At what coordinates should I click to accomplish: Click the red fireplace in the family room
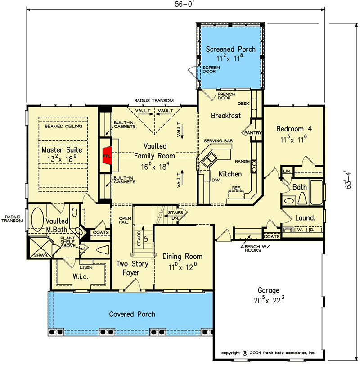pyautogui.click(x=108, y=156)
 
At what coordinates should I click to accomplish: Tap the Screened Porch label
pyautogui.click(x=230, y=49)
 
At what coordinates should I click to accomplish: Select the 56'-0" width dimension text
pyautogui.click(x=184, y=4)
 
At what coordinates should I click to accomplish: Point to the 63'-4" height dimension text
pyautogui.click(x=348, y=179)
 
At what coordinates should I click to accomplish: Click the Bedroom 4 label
pyautogui.click(x=294, y=129)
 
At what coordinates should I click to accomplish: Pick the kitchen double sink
pyautogui.click(x=210, y=159)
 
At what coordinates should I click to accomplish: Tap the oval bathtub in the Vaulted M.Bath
pyautogui.click(x=37, y=219)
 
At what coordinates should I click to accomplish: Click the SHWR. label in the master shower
pyautogui.click(x=41, y=255)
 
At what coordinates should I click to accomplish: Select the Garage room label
pyautogui.click(x=269, y=290)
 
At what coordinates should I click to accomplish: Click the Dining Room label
pyautogui.click(x=182, y=256)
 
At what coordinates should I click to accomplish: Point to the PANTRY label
pyautogui.click(x=253, y=133)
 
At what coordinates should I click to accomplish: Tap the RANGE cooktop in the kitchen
pyautogui.click(x=254, y=167)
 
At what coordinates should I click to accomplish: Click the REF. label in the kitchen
pyautogui.click(x=237, y=188)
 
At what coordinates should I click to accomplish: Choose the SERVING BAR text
pyautogui.click(x=218, y=141)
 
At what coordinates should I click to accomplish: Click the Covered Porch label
pyautogui.click(x=132, y=314)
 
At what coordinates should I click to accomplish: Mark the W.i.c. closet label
pyautogui.click(x=80, y=276)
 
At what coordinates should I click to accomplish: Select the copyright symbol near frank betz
pyautogui.click(x=245, y=353)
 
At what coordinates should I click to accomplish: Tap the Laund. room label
pyautogui.click(x=305, y=218)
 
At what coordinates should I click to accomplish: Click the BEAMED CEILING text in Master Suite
pyautogui.click(x=63, y=126)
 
